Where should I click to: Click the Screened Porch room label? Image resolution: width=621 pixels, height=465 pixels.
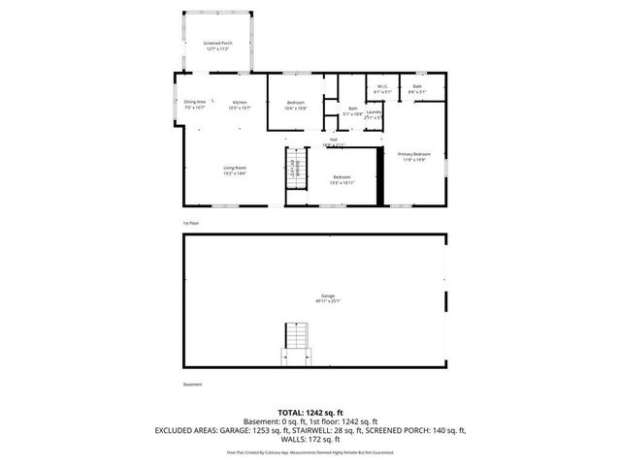pyautogui.click(x=217, y=45)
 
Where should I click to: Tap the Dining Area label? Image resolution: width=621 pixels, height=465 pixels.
pyautogui.click(x=194, y=104)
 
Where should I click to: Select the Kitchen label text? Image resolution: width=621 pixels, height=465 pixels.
pyautogui.click(x=239, y=104)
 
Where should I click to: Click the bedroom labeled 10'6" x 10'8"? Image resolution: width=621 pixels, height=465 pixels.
pyautogui.click(x=295, y=105)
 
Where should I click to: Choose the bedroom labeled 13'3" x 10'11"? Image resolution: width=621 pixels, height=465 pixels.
pyautogui.click(x=342, y=178)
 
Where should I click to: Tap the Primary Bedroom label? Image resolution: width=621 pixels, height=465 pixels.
pyautogui.click(x=413, y=157)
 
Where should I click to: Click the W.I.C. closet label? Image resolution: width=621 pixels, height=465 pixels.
pyautogui.click(x=381, y=88)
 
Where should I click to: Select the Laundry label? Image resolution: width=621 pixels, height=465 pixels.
pyautogui.click(x=374, y=113)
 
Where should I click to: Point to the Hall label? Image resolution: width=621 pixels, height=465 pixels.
pyautogui.click(x=333, y=141)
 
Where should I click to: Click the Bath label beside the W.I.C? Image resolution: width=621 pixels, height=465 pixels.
pyautogui.click(x=417, y=88)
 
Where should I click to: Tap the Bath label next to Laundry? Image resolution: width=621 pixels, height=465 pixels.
pyautogui.click(x=352, y=110)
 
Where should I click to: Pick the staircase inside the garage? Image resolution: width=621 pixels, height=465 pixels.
pyautogui.click(x=294, y=344)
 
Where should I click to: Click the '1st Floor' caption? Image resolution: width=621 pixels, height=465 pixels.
pyautogui.click(x=191, y=224)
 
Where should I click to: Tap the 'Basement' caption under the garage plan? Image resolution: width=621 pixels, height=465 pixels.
pyautogui.click(x=193, y=385)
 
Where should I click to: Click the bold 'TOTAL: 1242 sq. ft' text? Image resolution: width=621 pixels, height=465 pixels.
pyautogui.click(x=311, y=413)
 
